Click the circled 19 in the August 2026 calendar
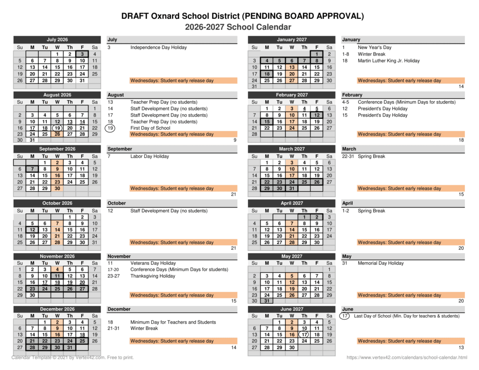pyautogui.click(x=57, y=128)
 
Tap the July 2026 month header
pyautogui.click(x=57, y=40)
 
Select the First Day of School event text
pyautogui.click(x=150, y=128)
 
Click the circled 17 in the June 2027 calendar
pyautogui.click(x=304, y=334)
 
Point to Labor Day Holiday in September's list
pyautogui.click(x=149, y=156)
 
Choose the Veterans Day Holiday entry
pyautogui.click(x=153, y=263)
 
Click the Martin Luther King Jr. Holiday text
pyautogui.click(x=389, y=60)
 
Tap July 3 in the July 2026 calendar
pyautogui.click(x=82, y=54)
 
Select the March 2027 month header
pyautogui.click(x=291, y=149)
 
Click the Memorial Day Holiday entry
pyautogui.click(x=380, y=263)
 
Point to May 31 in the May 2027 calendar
pyautogui.click(x=267, y=301)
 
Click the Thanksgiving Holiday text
pyautogui.click(x=152, y=276)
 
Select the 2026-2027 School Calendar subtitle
pyautogui.click(x=238, y=27)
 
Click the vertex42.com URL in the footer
pyautogui.click(x=406, y=358)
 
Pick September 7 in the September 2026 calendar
pyautogui.click(x=32, y=169)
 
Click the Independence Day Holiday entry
pyautogui.click(x=158, y=47)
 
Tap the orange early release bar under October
pyautogui.click(x=172, y=242)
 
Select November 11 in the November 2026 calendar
pyautogui.click(x=57, y=276)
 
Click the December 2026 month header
pyautogui.click(x=57, y=309)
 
